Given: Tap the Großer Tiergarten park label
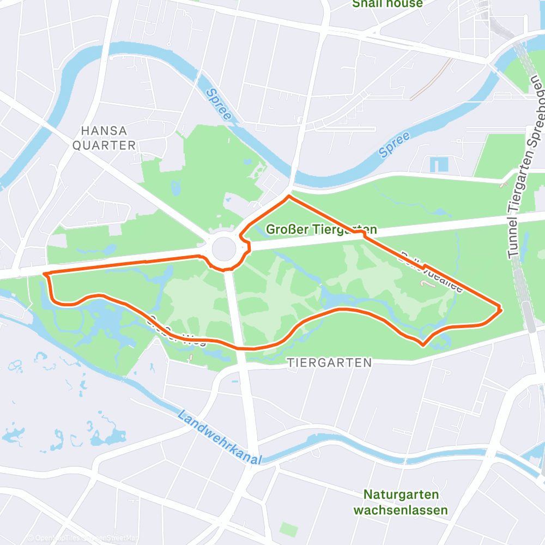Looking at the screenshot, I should click(x=321, y=229).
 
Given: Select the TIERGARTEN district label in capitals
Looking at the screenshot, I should click(x=329, y=362).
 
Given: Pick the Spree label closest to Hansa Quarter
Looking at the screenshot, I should click(x=219, y=105).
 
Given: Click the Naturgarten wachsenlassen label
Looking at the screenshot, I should click(x=401, y=502).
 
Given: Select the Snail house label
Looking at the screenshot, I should click(x=387, y=4).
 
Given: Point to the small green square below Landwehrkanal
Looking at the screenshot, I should click(x=289, y=529).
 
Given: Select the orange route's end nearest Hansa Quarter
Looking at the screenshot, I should click(x=44, y=274).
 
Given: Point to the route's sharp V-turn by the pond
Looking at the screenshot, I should click(x=423, y=344).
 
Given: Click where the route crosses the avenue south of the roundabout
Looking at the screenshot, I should click(x=238, y=347).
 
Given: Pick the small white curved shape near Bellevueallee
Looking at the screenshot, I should click(x=429, y=283).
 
